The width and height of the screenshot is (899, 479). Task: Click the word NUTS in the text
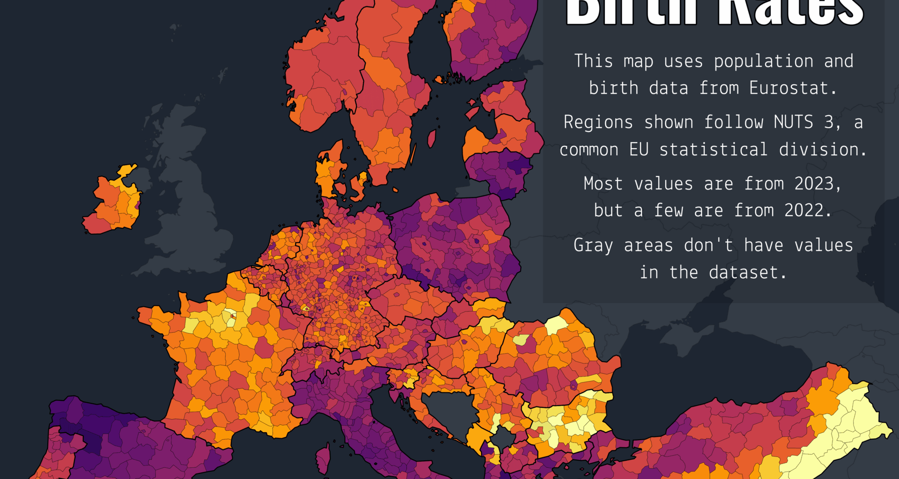pyautogui.click(x=793, y=122)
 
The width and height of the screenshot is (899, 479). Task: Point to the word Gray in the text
pyautogui.click(x=593, y=246)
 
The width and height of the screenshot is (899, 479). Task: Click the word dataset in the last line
pyautogui.click(x=747, y=272)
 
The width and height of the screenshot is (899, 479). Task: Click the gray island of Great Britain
pyautogui.click(x=187, y=196)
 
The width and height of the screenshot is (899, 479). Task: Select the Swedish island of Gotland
pyautogui.click(x=432, y=138)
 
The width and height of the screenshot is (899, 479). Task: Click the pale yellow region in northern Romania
pyautogui.click(x=556, y=324)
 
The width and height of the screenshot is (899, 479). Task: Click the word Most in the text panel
pyautogui.click(x=603, y=183)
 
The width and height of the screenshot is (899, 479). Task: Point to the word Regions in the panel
pyautogui.click(x=598, y=122)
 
